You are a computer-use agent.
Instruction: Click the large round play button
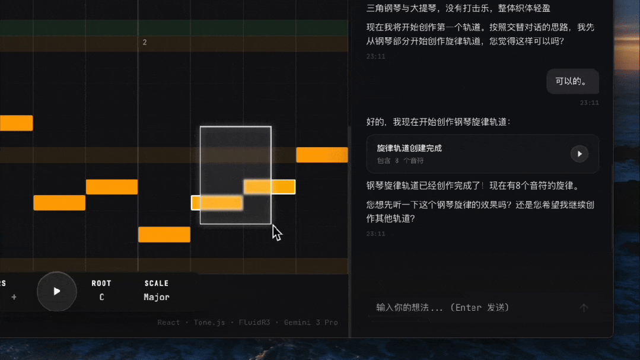click(x=57, y=291)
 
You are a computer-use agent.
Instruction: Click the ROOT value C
click(x=101, y=297)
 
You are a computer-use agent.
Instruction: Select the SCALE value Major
click(x=157, y=297)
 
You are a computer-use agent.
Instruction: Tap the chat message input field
click(x=469, y=307)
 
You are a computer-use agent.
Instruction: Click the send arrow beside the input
click(x=584, y=308)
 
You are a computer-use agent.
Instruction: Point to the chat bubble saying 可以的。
click(x=572, y=81)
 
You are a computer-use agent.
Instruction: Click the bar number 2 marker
click(x=145, y=42)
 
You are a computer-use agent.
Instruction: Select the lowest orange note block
click(x=164, y=234)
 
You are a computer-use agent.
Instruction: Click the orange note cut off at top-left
click(x=16, y=123)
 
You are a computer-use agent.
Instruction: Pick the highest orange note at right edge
click(x=321, y=155)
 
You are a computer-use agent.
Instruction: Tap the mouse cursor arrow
click(x=276, y=232)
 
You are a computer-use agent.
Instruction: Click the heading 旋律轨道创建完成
click(x=409, y=148)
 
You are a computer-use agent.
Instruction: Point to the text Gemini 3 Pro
click(x=311, y=323)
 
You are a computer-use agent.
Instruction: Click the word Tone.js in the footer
click(x=209, y=323)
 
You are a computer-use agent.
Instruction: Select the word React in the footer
click(x=168, y=323)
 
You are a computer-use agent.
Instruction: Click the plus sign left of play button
click(x=14, y=297)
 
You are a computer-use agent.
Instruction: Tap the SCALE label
click(x=157, y=283)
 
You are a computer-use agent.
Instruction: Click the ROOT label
click(x=101, y=283)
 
